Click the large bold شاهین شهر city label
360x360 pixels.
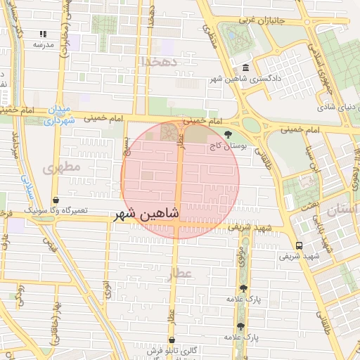[x=146, y=212]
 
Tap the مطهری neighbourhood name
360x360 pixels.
[x=62, y=168]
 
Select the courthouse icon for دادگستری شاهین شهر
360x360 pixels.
[x=245, y=67]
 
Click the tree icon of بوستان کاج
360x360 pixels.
[x=226, y=134]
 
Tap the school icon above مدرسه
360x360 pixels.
[x=43, y=33]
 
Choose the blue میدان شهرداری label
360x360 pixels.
[x=60, y=115]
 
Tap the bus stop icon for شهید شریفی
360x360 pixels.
[x=300, y=245]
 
